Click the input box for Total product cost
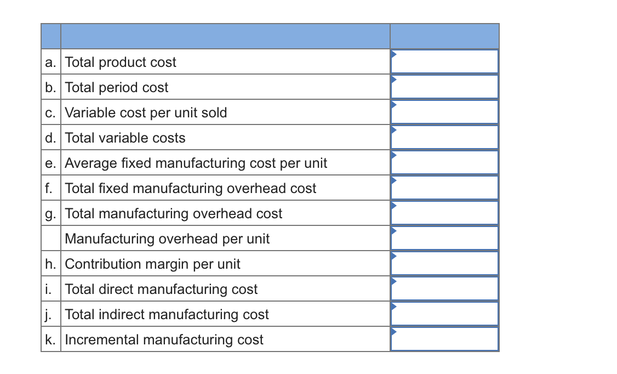[x=444, y=61]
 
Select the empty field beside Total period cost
[x=444, y=87]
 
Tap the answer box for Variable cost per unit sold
[x=444, y=112]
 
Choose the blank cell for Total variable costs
[x=444, y=137]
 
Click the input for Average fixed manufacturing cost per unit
[x=444, y=162]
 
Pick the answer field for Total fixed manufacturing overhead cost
[x=444, y=188]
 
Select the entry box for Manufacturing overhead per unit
[x=444, y=238]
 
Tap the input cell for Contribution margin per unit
[x=444, y=263]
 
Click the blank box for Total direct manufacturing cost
[x=444, y=288]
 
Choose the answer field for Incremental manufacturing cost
[x=444, y=339]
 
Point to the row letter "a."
[x=50, y=62]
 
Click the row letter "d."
[x=50, y=138]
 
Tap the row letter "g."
[x=50, y=213]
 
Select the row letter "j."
[x=49, y=314]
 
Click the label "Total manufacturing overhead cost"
[x=174, y=213]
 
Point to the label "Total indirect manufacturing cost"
[x=167, y=314]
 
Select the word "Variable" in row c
[x=85, y=112]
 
